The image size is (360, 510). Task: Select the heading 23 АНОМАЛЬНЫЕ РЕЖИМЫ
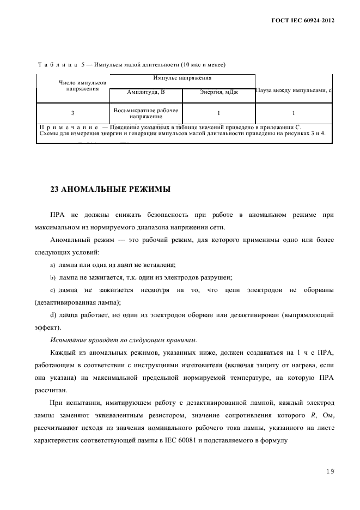pos(110,190)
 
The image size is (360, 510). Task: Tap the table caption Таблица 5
pos(60,65)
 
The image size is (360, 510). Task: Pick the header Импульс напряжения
pos(182,78)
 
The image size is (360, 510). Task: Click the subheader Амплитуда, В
pos(146,92)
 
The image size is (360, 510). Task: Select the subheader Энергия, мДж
pos(218,92)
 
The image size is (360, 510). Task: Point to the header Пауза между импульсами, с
pos(294,89)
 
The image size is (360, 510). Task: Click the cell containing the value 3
pos(73,113)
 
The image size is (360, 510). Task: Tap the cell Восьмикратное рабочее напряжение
pos(146,113)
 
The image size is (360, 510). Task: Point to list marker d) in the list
pos(53,315)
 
